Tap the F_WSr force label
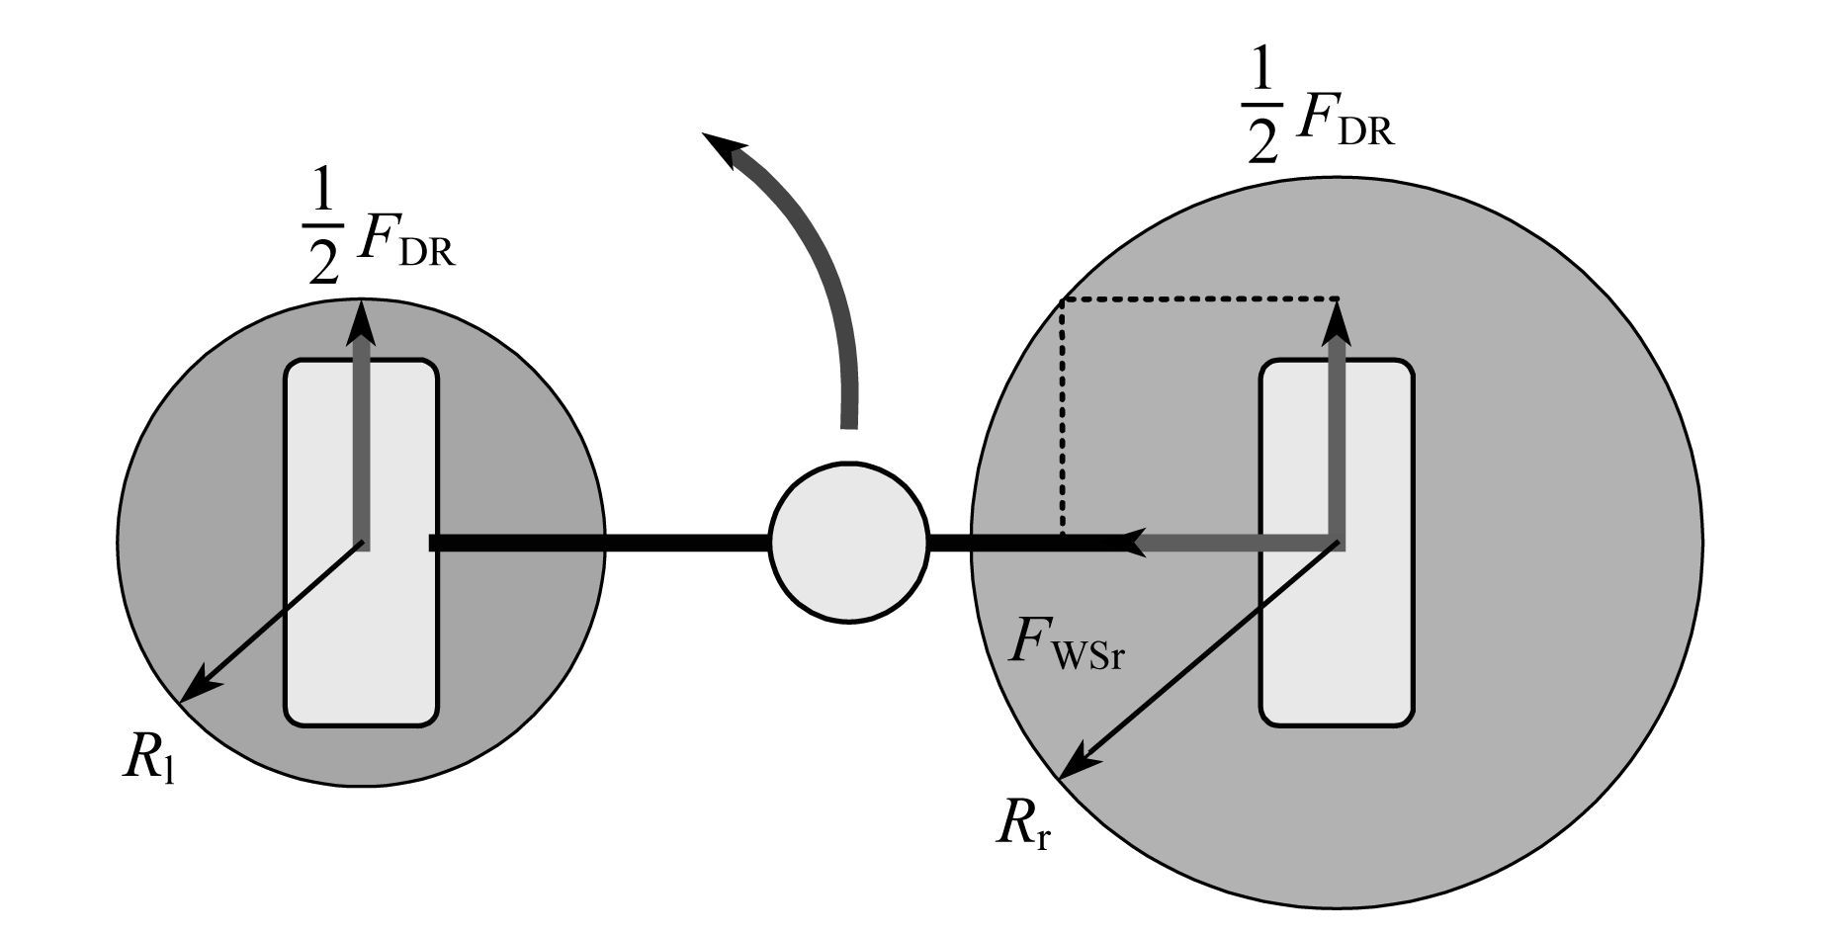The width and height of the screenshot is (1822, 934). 1066,646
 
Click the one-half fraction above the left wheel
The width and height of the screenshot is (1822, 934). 322,238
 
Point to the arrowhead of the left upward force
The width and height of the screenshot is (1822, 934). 363,322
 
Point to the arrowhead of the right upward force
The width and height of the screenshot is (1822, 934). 1338,322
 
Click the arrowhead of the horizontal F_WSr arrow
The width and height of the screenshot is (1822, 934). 1137,542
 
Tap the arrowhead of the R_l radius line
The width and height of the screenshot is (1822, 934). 196,687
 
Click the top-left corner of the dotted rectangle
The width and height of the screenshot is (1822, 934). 1062,298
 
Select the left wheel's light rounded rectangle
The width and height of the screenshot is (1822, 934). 361,543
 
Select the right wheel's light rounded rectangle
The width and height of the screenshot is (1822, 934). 1336,543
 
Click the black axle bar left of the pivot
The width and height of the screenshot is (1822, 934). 599,543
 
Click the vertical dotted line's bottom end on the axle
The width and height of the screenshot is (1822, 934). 1062,534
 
